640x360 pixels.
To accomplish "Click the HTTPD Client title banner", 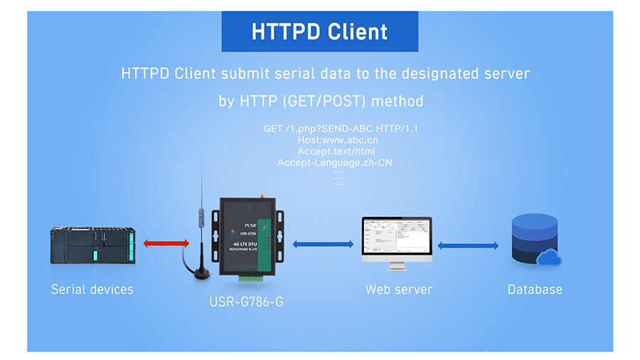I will [319, 32].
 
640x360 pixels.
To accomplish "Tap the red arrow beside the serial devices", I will [166, 243].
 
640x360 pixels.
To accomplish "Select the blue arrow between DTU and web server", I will [323, 244].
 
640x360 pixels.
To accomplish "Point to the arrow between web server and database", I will [467, 246].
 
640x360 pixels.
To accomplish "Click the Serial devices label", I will [92, 290].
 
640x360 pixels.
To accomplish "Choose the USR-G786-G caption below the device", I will [246, 302].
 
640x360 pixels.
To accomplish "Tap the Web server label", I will [398, 290].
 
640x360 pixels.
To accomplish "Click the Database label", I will [535, 290].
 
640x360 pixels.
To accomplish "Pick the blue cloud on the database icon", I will [549, 257].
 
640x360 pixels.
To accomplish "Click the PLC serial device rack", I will [92, 245].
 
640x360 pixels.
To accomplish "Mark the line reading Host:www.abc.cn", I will [338, 140].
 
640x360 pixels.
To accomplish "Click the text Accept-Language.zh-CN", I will [335, 163].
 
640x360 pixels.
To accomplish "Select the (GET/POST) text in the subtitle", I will [324, 101].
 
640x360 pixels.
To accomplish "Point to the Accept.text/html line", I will [336, 152].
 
